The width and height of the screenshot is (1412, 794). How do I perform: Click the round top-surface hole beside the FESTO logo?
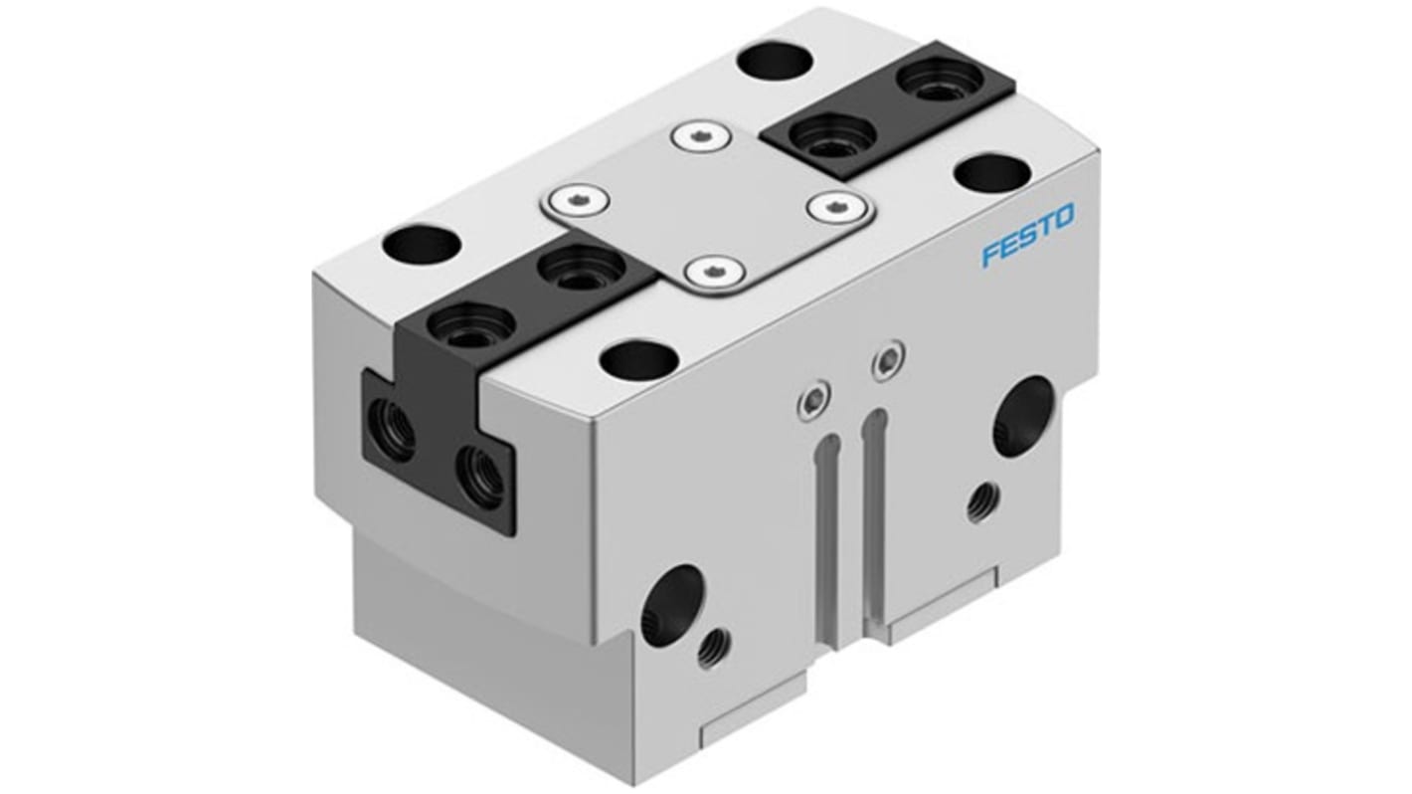pos(989,173)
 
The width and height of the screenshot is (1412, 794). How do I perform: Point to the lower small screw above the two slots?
pos(812,401)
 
